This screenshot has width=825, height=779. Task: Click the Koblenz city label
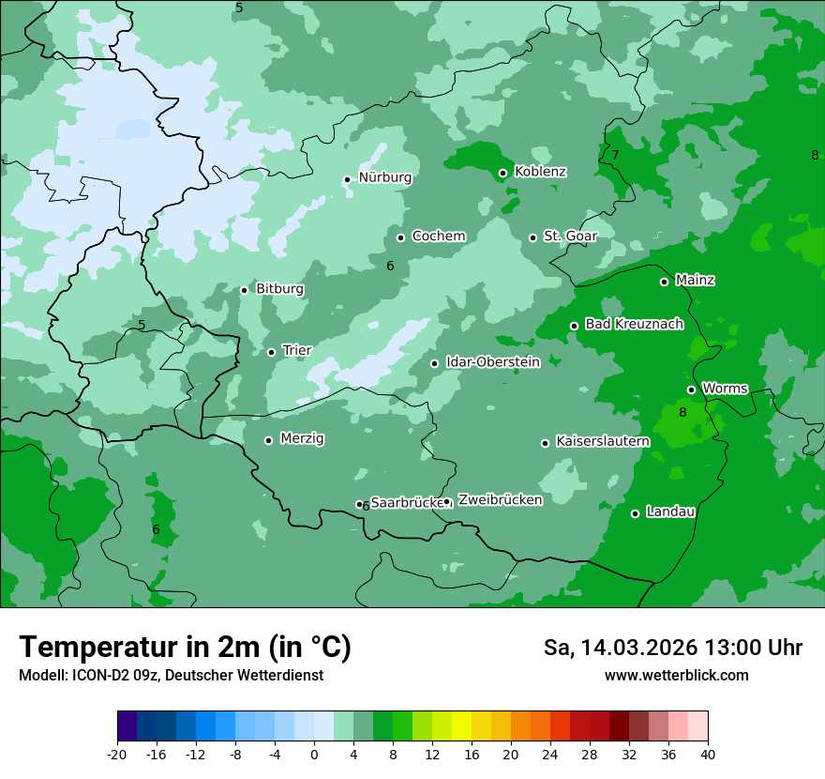tap(540, 172)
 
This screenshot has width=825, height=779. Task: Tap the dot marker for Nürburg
tap(347, 179)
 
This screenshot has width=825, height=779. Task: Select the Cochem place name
tap(438, 237)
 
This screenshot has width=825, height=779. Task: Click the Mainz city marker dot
tap(664, 282)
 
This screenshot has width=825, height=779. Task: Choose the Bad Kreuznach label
tap(634, 324)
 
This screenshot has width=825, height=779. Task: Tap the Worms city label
tap(724, 389)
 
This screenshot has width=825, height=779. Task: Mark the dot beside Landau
tap(635, 513)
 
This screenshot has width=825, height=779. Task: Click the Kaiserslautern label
tap(602, 441)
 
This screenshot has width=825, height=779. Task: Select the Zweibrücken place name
tap(500, 500)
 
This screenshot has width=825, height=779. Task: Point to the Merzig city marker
tap(268, 440)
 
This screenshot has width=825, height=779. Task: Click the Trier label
tap(296, 350)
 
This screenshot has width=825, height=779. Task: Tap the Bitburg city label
tap(279, 289)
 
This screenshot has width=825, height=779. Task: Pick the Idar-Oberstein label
tap(492, 362)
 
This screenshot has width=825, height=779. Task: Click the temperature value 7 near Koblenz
tap(616, 156)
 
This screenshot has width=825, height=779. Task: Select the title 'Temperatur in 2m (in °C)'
tap(185, 648)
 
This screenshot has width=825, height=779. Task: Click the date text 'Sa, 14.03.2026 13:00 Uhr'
tap(672, 648)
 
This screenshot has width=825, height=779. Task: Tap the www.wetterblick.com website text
tap(676, 676)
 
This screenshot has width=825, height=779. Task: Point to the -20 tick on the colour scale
tap(117, 755)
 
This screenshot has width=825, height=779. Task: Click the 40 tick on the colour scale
tap(708, 755)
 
